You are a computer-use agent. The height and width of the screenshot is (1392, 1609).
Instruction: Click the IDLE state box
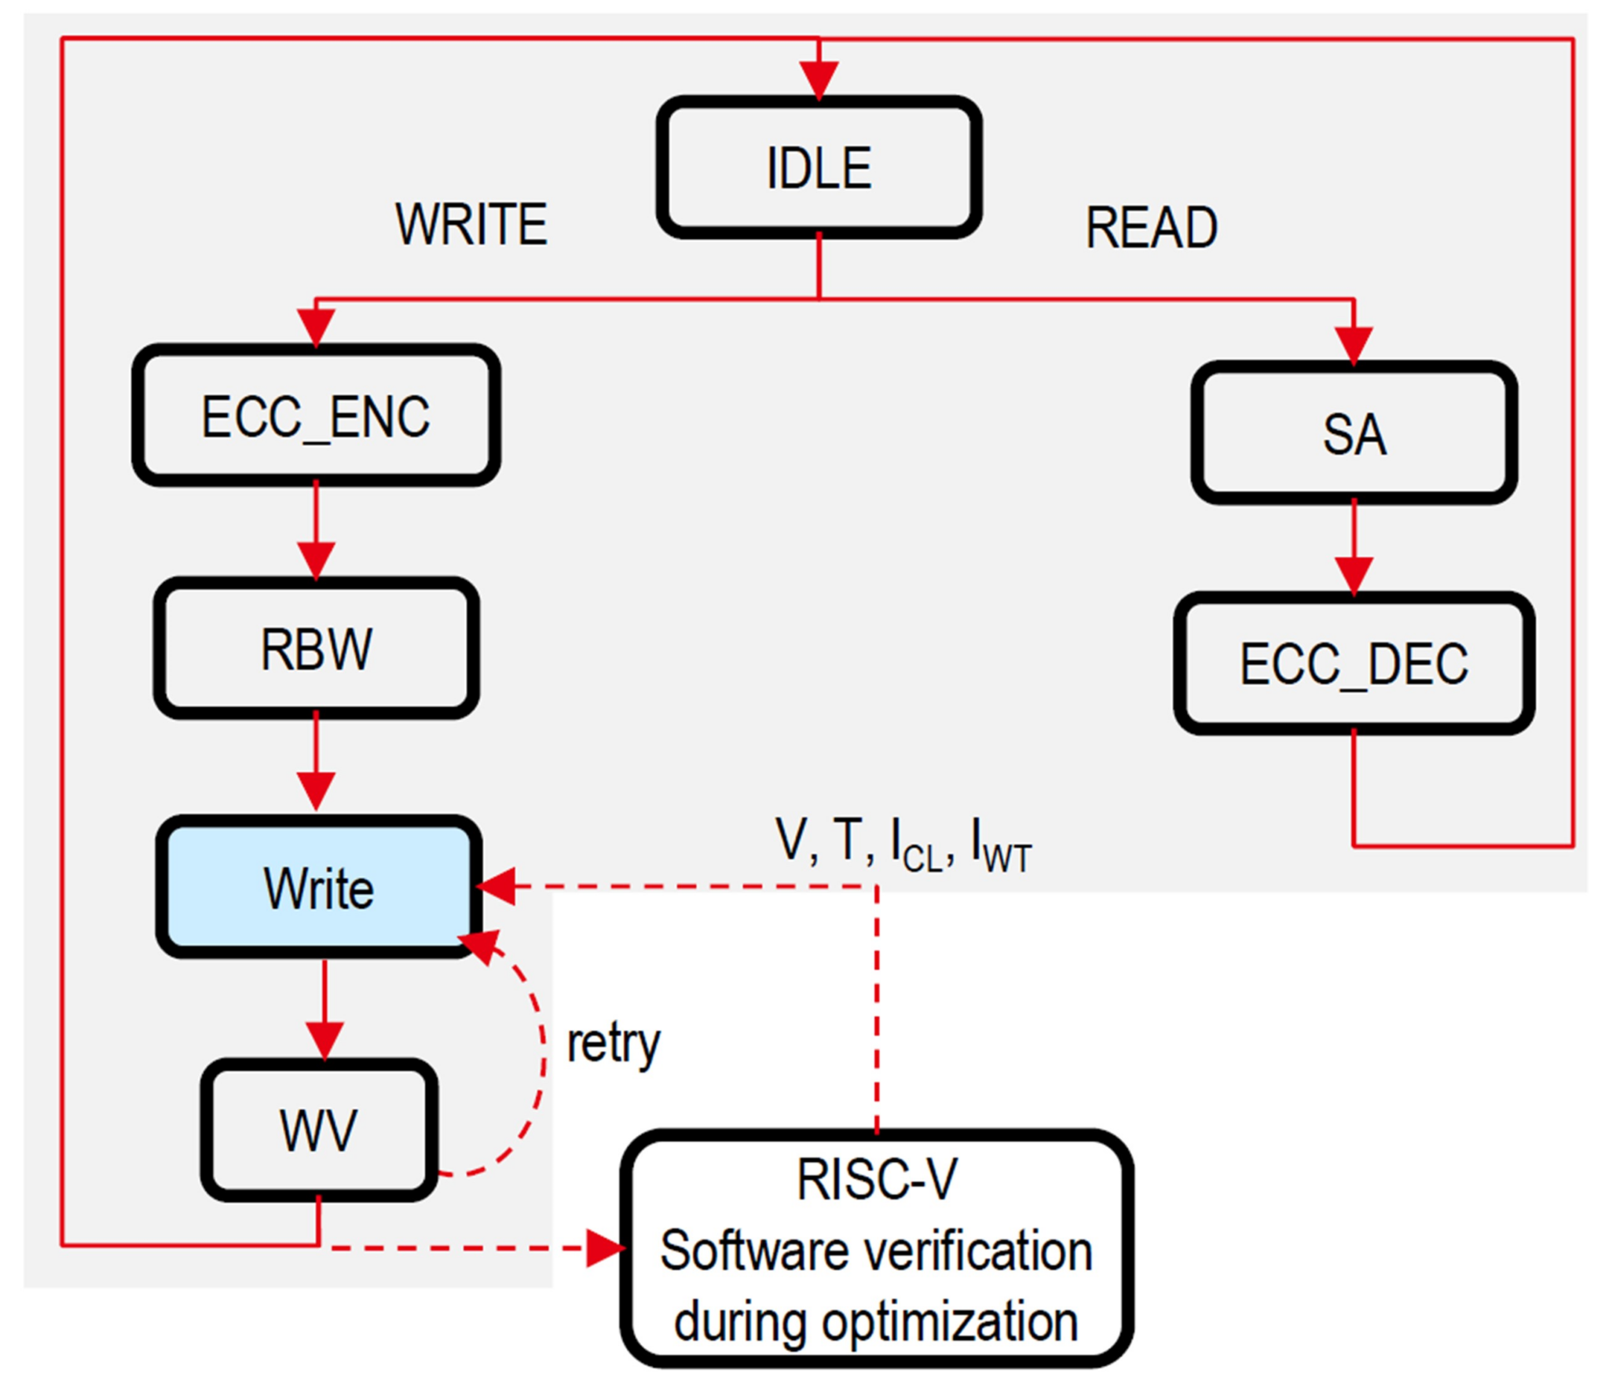point(819,167)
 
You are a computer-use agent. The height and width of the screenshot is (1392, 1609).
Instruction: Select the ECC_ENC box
point(316,416)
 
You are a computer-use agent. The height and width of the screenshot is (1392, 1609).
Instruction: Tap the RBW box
point(316,649)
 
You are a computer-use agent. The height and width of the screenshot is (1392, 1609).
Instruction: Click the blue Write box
point(318,888)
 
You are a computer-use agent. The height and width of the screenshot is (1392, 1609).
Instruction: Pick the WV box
point(318,1130)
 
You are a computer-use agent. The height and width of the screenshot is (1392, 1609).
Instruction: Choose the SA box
point(1353,434)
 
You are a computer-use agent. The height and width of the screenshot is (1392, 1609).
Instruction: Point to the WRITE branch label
point(471,225)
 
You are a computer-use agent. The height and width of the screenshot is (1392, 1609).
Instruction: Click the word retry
point(613,1044)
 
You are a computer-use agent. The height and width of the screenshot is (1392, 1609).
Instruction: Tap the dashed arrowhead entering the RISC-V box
point(605,1247)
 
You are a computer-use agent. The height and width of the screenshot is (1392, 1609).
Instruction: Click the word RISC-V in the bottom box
point(876,1179)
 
